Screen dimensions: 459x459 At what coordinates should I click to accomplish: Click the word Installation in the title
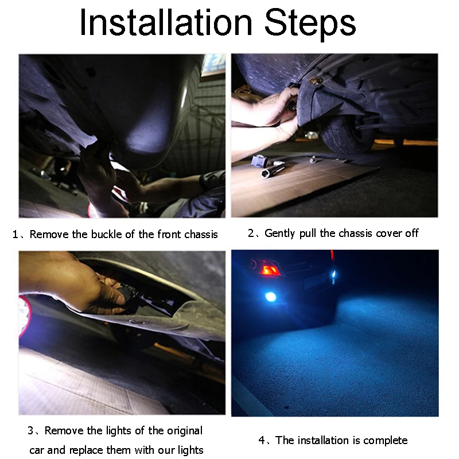166,22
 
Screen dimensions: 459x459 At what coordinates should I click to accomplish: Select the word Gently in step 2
279,234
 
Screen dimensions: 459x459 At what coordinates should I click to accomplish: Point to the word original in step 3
185,431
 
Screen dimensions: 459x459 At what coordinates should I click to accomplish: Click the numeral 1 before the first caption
15,235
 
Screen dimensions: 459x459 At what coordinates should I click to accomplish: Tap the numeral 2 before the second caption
251,234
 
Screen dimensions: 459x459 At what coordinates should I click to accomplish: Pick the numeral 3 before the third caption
30,431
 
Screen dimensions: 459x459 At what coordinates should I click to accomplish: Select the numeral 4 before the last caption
262,440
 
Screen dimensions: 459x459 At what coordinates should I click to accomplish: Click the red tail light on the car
269,269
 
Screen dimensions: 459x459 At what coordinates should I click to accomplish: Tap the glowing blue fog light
270,297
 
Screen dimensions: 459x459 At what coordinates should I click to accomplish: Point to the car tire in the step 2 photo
348,134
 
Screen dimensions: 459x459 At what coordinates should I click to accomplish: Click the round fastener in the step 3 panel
137,322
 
